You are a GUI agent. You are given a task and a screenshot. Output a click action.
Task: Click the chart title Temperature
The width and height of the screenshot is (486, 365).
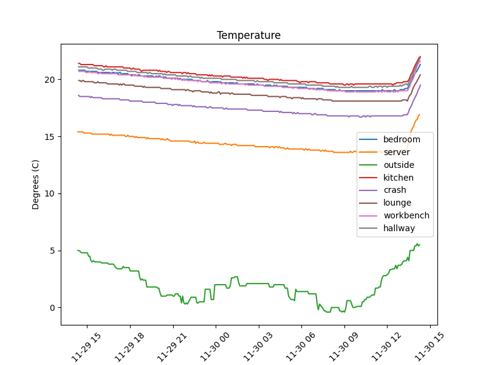coord(249,35)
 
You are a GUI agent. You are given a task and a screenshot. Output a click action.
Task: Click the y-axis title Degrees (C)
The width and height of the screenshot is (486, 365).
coord(36,184)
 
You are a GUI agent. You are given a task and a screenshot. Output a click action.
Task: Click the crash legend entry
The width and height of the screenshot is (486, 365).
coord(395,190)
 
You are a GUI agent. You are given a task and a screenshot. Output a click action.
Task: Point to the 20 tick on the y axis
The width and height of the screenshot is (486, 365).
coord(49,80)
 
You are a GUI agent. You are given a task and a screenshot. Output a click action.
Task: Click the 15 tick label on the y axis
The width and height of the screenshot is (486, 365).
coord(49,137)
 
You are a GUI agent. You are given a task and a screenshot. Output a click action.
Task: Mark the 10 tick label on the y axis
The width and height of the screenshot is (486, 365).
coord(49,193)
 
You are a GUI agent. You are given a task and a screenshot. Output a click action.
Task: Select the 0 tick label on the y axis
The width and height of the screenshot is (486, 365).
coord(52,308)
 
